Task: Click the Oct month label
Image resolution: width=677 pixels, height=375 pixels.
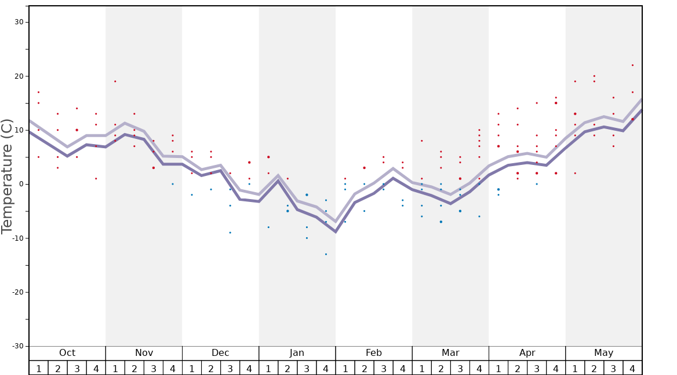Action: coord(67,353)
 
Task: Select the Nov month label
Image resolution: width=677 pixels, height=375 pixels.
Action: coord(144,353)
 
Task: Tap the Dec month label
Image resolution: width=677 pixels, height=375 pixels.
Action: coord(220,353)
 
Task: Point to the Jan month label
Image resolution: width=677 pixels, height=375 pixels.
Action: coord(297,353)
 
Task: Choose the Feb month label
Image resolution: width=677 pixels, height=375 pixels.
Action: coord(374,353)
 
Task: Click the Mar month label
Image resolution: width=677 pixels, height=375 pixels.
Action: coord(450,353)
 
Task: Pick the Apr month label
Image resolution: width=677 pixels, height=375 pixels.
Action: coord(527,353)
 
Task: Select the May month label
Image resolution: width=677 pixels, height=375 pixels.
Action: coord(603,353)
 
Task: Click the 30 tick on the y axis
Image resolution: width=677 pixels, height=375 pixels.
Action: coord(19,22)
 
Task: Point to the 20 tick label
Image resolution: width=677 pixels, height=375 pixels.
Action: coord(19,76)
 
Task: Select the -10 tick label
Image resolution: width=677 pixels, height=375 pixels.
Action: coord(17,238)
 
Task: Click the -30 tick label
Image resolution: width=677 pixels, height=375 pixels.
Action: coord(17,346)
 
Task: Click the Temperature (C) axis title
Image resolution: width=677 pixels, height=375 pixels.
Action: coord(7,177)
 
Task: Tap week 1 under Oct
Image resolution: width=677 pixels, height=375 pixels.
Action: coord(39,369)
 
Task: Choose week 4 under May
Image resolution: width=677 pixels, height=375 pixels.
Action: coord(632,369)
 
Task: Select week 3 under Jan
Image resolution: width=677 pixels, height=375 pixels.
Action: coord(307,369)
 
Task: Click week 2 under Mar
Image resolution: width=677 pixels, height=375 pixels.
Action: coord(441,369)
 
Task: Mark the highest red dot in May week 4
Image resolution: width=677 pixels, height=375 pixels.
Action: coord(632,65)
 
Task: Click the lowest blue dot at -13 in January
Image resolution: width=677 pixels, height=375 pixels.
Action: coord(326,254)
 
